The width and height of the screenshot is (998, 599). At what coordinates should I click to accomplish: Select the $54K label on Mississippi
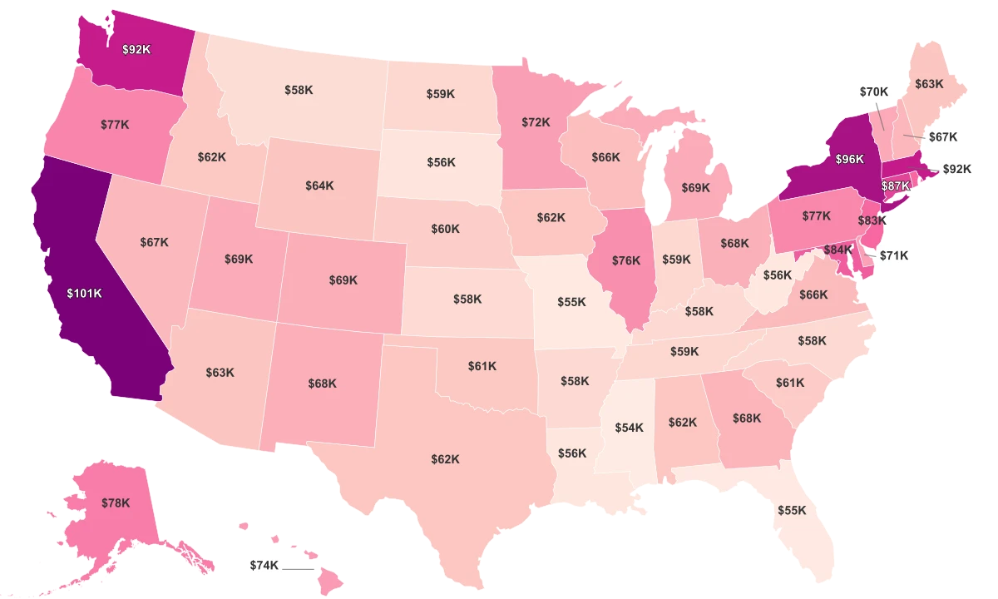[x=629, y=428]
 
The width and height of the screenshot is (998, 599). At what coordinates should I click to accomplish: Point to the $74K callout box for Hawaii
[x=264, y=565]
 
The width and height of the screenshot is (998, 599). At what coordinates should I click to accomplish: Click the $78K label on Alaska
[x=116, y=502]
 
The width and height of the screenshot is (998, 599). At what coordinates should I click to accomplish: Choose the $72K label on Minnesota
[x=536, y=122]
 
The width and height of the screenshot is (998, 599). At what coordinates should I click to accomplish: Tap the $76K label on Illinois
[x=626, y=260]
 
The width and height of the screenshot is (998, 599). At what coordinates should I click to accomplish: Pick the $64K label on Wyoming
[x=319, y=186]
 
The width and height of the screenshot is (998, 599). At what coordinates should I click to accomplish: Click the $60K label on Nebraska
[x=445, y=229]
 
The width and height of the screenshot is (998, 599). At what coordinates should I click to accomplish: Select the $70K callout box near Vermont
[x=873, y=92]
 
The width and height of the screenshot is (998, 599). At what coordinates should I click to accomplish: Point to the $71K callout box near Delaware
[x=895, y=255]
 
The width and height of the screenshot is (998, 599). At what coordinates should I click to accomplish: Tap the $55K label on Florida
[x=792, y=510]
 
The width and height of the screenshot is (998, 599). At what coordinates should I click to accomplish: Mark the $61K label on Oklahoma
[x=482, y=365]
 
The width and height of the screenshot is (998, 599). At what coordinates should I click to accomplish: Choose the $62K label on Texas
[x=445, y=459]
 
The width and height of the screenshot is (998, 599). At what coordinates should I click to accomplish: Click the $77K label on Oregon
[x=115, y=125]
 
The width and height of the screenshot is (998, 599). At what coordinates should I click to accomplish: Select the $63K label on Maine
[x=929, y=84]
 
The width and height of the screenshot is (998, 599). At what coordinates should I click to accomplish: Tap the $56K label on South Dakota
[x=442, y=162]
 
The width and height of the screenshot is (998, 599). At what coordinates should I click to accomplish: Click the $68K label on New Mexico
[x=322, y=384]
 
